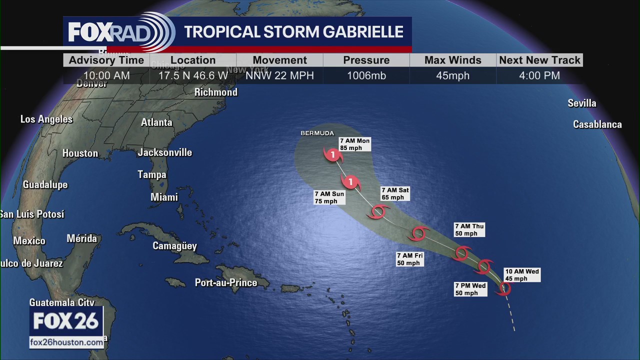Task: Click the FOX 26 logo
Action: (66, 321)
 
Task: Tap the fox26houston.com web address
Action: (66, 342)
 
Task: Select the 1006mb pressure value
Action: (366, 76)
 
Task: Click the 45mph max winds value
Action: (453, 76)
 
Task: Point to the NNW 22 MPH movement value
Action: (279, 76)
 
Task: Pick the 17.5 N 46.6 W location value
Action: (193, 76)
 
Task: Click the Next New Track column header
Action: (539, 60)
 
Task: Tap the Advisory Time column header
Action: (106, 60)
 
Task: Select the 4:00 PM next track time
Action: (539, 76)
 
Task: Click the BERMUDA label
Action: (317, 133)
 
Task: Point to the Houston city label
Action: (80, 153)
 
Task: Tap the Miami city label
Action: (164, 197)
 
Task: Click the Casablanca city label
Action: (597, 124)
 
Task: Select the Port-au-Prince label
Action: (226, 283)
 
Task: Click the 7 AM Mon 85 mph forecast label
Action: (354, 144)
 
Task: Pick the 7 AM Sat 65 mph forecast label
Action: (395, 193)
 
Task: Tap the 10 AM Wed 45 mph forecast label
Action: (522, 275)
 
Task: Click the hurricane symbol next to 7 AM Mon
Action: (333, 155)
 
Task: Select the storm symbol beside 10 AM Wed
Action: (504, 288)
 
